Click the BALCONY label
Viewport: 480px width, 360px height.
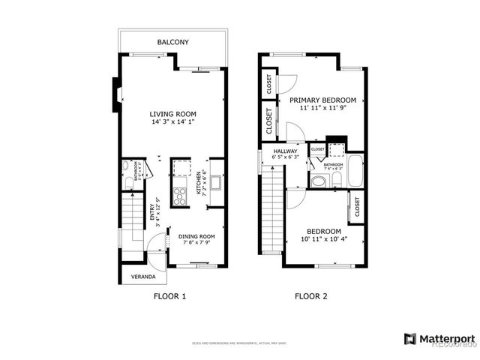tap(172, 43)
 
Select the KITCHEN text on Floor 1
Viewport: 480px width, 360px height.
tap(199, 182)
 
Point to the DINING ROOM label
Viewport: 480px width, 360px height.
tap(196, 238)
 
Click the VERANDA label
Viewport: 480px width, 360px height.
tap(143, 276)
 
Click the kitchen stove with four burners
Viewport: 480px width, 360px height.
tap(181, 196)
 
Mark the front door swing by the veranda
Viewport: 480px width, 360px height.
tap(156, 244)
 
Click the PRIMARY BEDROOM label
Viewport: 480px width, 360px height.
tap(323, 99)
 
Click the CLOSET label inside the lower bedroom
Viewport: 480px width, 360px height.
tap(358, 206)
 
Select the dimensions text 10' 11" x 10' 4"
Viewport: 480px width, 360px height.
tap(324, 238)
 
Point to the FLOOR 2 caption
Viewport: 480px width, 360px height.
tap(310, 296)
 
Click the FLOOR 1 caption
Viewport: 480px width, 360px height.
tap(169, 296)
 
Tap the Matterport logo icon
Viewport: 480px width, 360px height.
tap(409, 338)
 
